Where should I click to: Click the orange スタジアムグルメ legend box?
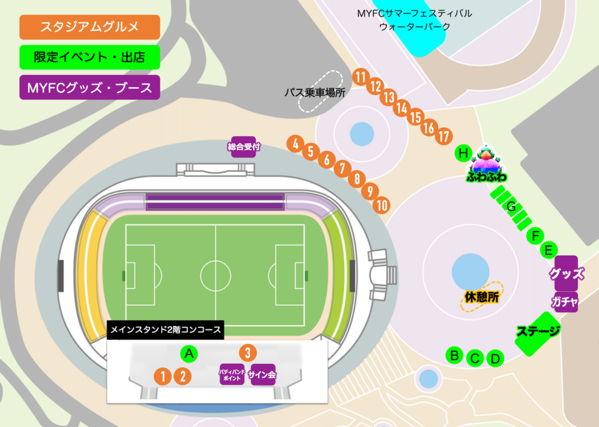coord(89,27)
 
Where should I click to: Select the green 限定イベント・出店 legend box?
coord(89,57)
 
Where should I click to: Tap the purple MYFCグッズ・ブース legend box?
coord(89,88)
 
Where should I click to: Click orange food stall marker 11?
coord(360,77)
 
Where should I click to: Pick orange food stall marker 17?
coord(444,137)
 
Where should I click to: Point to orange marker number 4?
coord(296,143)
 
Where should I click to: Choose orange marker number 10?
coord(382,205)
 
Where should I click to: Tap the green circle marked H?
coord(463,154)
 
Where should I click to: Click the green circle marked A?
coord(188,353)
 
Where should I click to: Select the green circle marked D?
coord(495,359)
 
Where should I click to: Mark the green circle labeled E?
coord(549,250)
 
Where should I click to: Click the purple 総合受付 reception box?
coord(243,147)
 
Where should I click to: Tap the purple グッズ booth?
coord(566,273)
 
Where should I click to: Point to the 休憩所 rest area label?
coord(482,297)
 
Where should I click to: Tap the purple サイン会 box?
coord(261,375)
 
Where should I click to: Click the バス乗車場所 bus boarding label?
coord(315,92)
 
